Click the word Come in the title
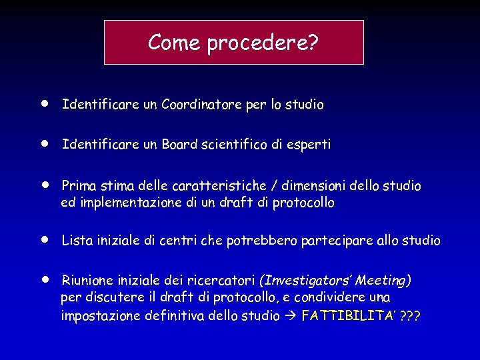[175, 43]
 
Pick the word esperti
[309, 145]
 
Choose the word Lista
[76, 241]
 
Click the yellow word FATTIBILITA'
[346, 315]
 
